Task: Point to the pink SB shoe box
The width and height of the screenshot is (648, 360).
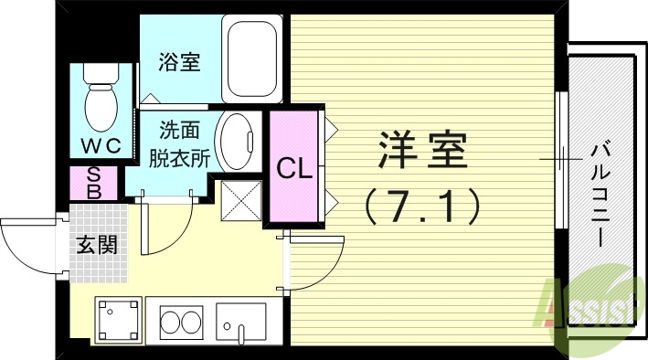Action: tap(94, 182)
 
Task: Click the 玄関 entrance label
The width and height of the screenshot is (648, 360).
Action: tap(95, 244)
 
